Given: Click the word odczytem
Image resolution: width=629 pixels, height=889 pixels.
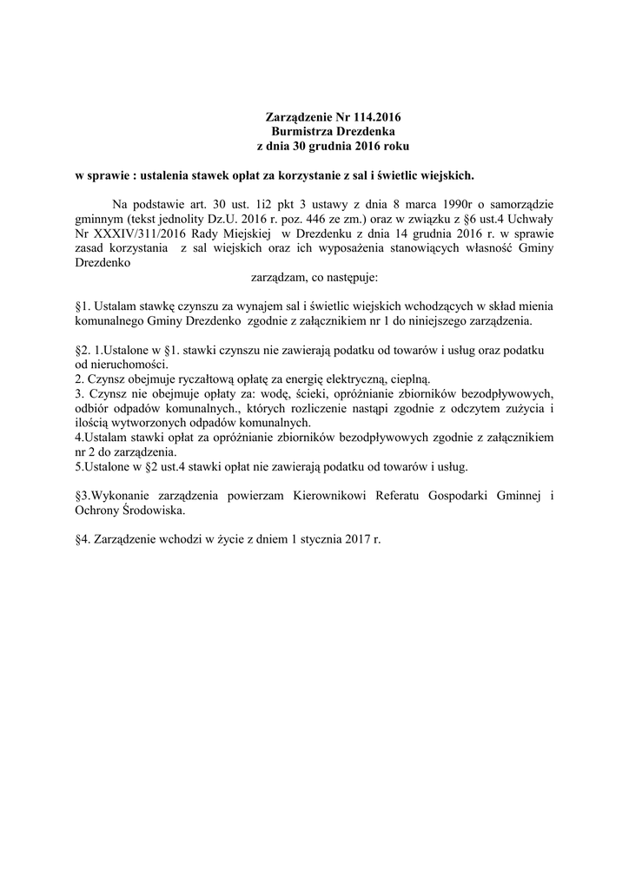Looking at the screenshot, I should [x=461, y=409].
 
